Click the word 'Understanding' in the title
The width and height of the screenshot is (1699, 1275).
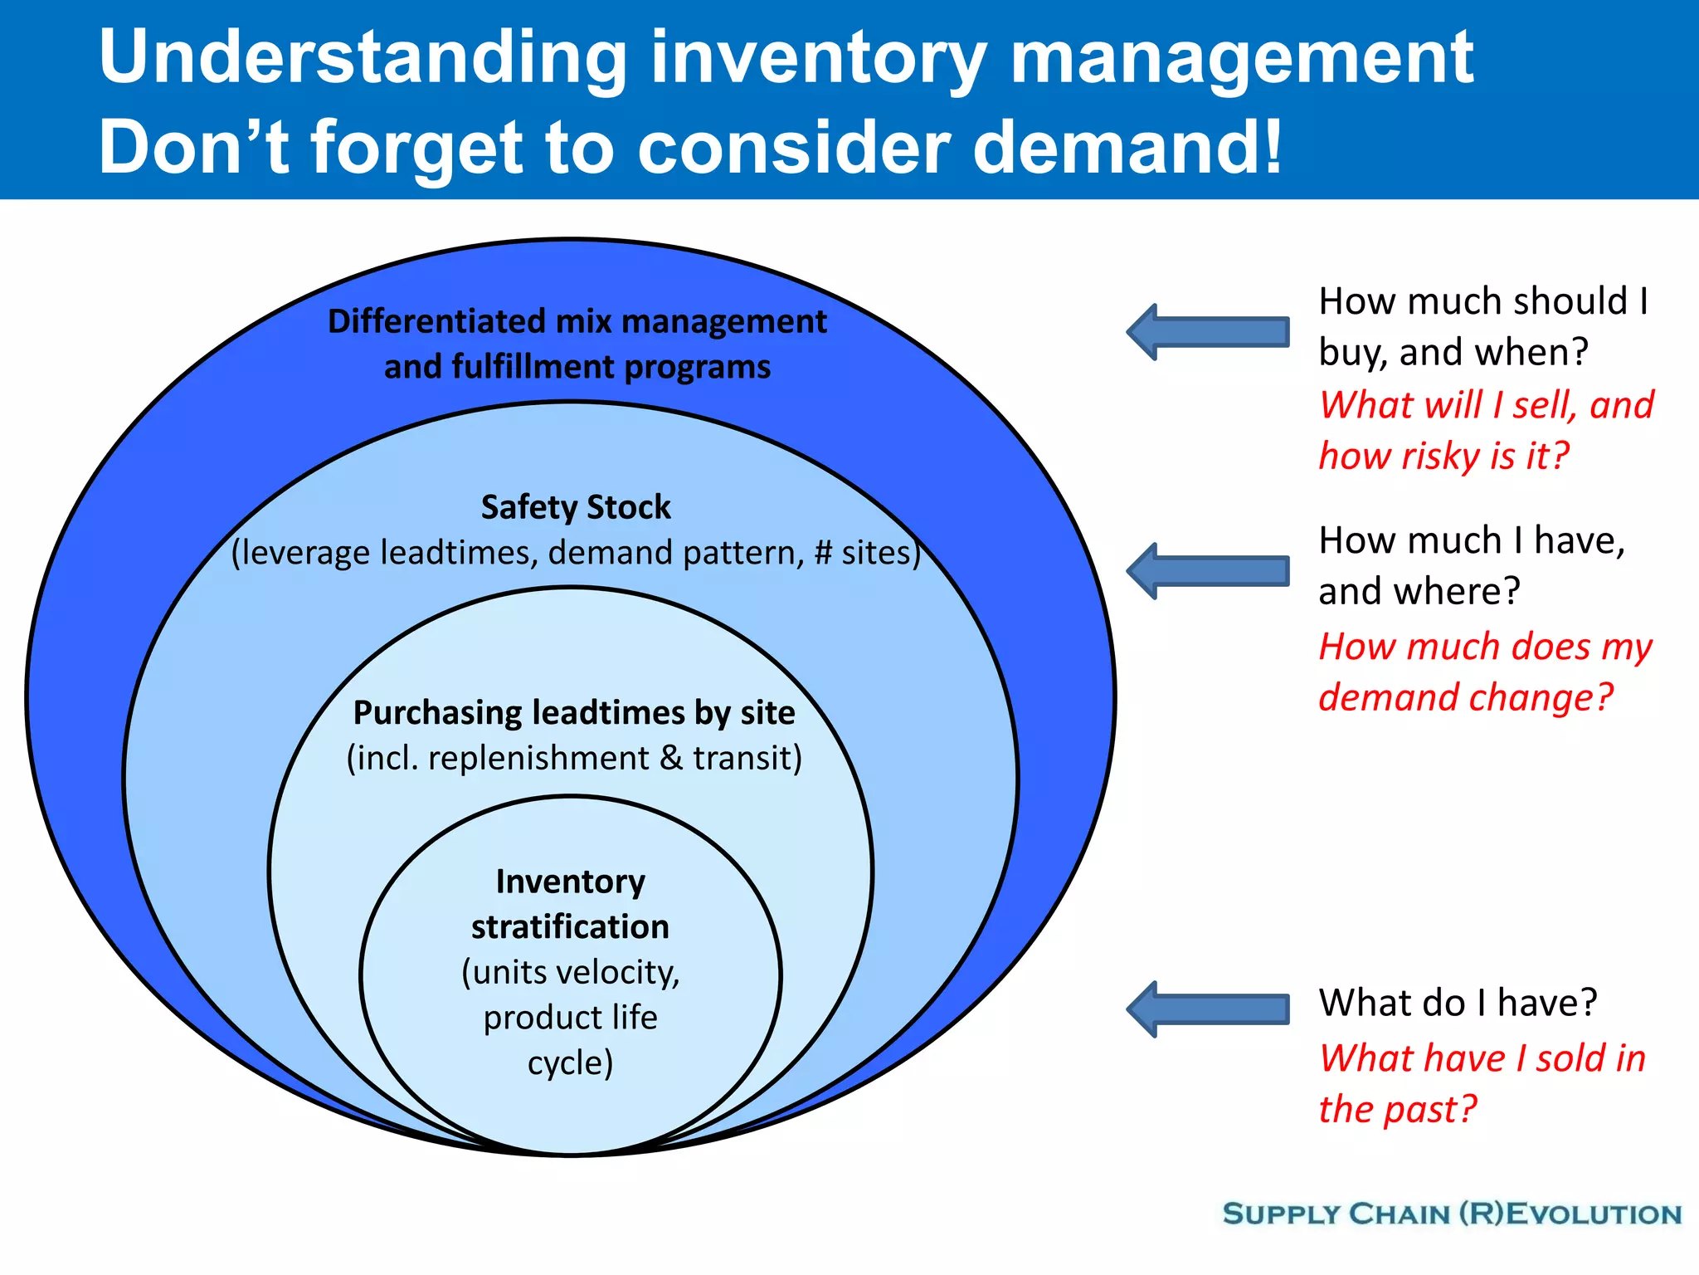pos(363,58)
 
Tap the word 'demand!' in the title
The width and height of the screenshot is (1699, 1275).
pos(1127,148)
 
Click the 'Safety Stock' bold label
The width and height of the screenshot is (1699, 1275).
pos(576,507)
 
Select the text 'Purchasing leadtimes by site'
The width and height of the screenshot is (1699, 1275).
pos(574,713)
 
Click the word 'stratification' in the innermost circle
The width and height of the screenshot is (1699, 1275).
pos(570,926)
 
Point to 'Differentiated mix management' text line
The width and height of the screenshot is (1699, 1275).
pos(577,321)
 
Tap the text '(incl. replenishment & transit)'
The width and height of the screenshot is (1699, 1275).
pos(574,758)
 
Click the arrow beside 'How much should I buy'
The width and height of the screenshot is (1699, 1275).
pos(1207,332)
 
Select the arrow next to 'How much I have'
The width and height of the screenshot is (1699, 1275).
pos(1207,571)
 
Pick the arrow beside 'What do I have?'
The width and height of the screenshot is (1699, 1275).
pos(1207,1009)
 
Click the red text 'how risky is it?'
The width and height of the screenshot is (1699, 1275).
pos(1444,457)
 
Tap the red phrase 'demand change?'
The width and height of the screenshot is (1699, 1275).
pos(1466,697)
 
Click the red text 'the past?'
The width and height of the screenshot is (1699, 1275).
pos(1398,1110)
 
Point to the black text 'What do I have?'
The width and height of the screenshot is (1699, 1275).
pos(1458,1003)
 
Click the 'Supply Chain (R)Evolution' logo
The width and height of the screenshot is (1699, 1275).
pos(1452,1214)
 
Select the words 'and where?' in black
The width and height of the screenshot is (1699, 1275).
pos(1419,592)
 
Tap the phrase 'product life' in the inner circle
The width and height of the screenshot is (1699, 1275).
pos(570,1018)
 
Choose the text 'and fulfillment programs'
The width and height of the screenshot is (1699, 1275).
pos(577,367)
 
